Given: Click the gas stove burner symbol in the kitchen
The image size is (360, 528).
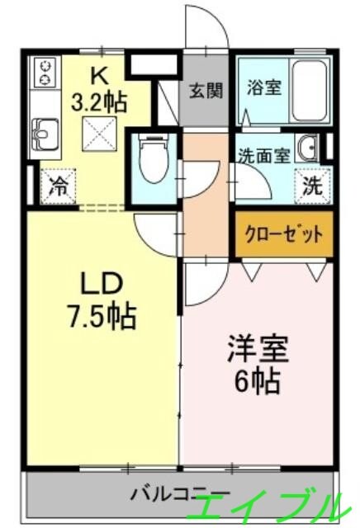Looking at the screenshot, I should [45, 72].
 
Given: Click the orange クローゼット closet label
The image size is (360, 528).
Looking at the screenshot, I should [283, 233].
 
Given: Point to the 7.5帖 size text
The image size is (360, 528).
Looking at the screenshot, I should [102, 315].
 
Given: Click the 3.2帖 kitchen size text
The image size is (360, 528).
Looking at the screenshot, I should [100, 102].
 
